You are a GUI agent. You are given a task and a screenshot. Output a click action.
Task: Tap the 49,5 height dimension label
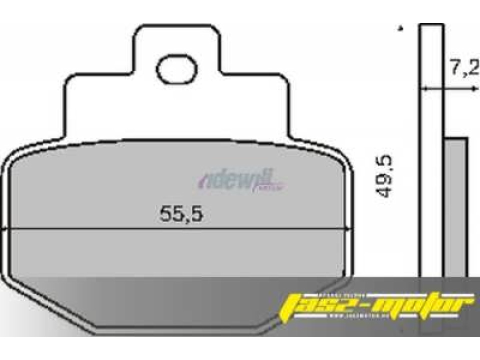tap(384, 176)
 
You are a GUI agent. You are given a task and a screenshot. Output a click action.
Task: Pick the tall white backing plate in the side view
tap(431, 150)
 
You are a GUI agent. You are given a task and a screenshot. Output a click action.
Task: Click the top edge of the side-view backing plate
tap(431, 24)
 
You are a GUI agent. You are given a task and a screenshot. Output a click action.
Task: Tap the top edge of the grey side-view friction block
tap(456, 138)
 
